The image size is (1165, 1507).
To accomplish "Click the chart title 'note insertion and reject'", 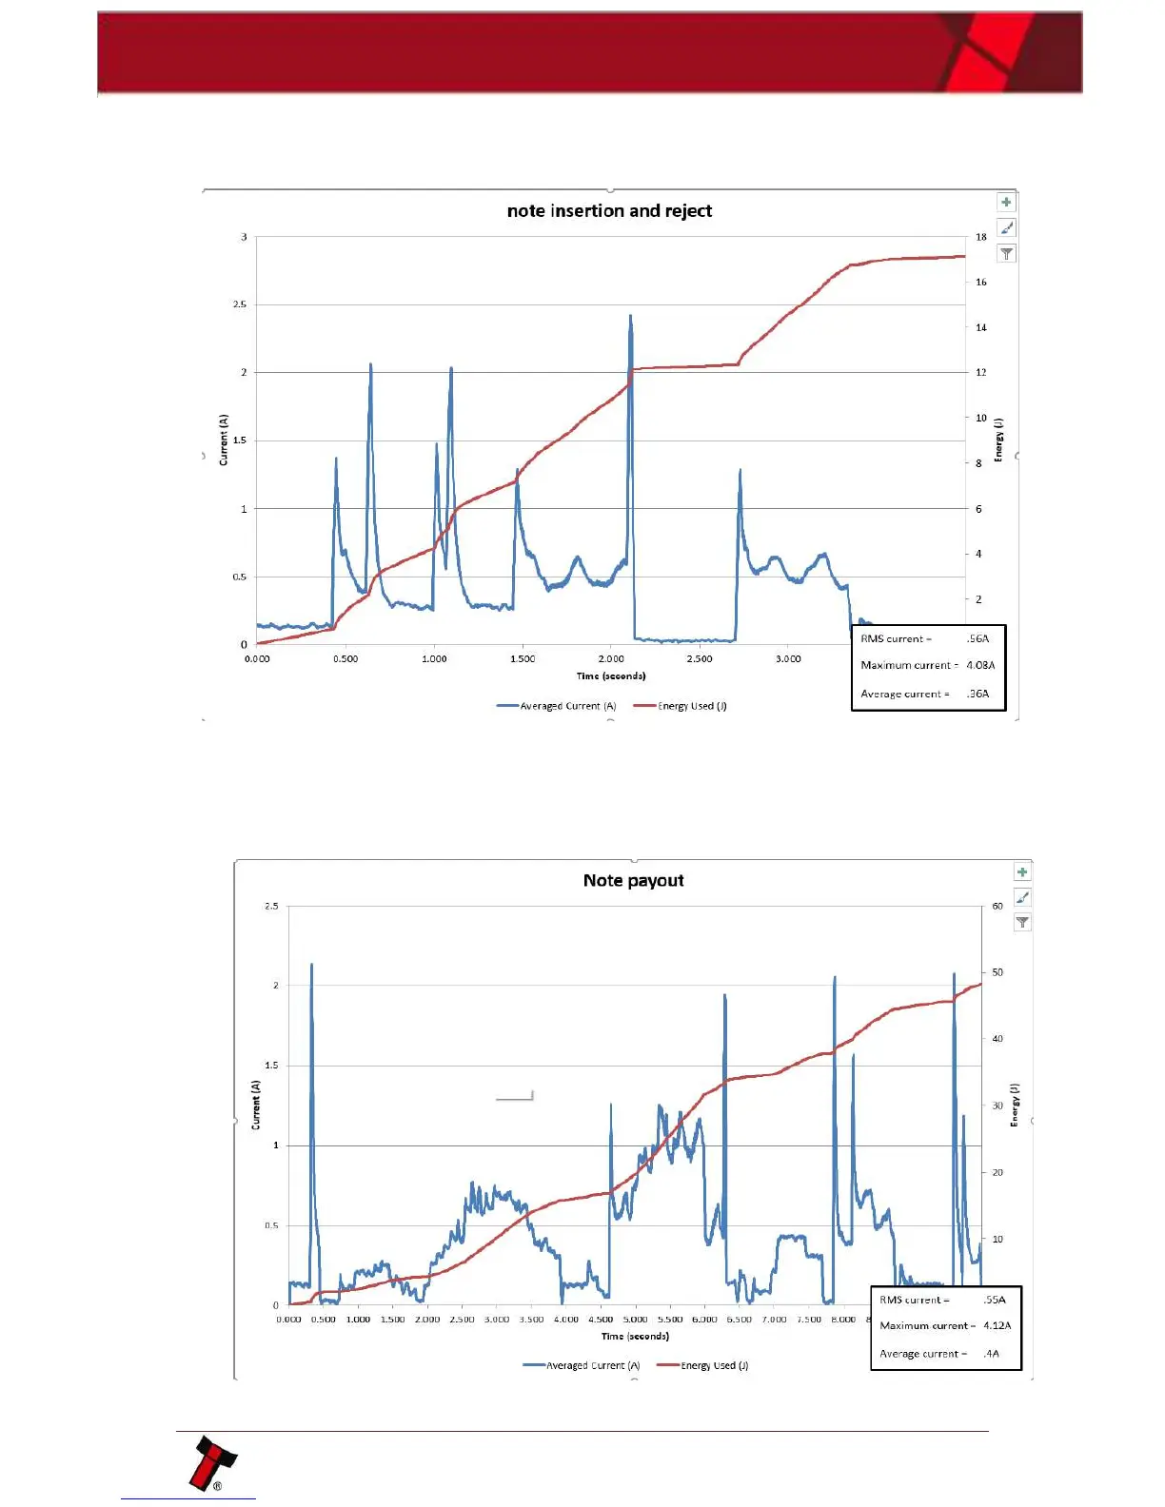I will [x=609, y=211].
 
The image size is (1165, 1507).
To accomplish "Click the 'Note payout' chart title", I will [x=633, y=881].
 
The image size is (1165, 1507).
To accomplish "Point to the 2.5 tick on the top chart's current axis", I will [x=240, y=304].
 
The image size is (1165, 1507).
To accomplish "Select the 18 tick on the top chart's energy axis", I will [x=980, y=237].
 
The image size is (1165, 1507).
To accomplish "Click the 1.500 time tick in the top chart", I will [x=523, y=658].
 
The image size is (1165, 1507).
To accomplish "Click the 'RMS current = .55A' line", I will [x=942, y=1300].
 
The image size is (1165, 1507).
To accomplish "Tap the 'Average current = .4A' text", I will [x=938, y=1353].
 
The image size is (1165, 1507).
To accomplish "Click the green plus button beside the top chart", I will [x=1006, y=202].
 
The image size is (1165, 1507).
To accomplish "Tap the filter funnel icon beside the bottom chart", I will [x=1022, y=922].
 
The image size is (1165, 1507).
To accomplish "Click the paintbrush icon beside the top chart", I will [x=1006, y=227].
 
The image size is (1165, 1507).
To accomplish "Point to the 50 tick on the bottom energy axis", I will [x=997, y=972].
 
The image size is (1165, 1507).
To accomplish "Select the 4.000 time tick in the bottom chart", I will [x=566, y=1320].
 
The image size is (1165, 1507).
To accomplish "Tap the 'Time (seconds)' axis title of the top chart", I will [x=611, y=675].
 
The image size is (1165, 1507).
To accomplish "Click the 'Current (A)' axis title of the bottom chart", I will [x=256, y=1105].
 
